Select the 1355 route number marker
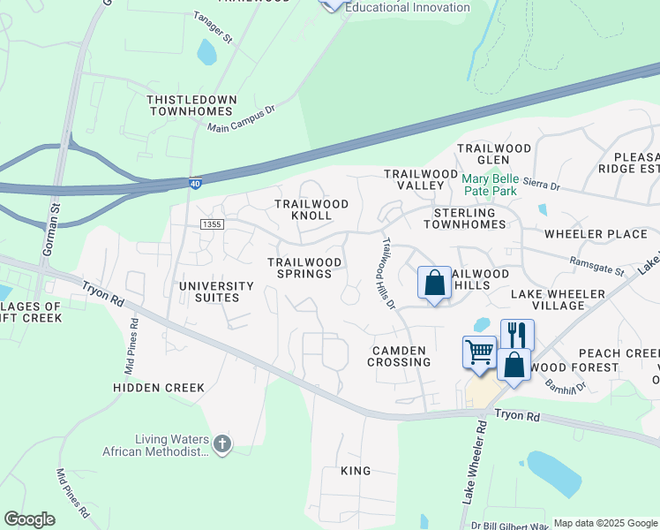pyautogui.click(x=212, y=225)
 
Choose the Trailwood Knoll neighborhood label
pyautogui.click(x=311, y=209)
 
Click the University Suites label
pyautogui.click(x=216, y=291)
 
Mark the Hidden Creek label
pyautogui.click(x=159, y=388)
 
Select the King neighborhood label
pyautogui.click(x=356, y=471)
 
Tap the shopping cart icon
pyautogui.click(x=479, y=351)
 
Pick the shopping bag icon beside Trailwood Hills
pyautogui.click(x=434, y=284)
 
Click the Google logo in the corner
pyautogui.click(x=29, y=519)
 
